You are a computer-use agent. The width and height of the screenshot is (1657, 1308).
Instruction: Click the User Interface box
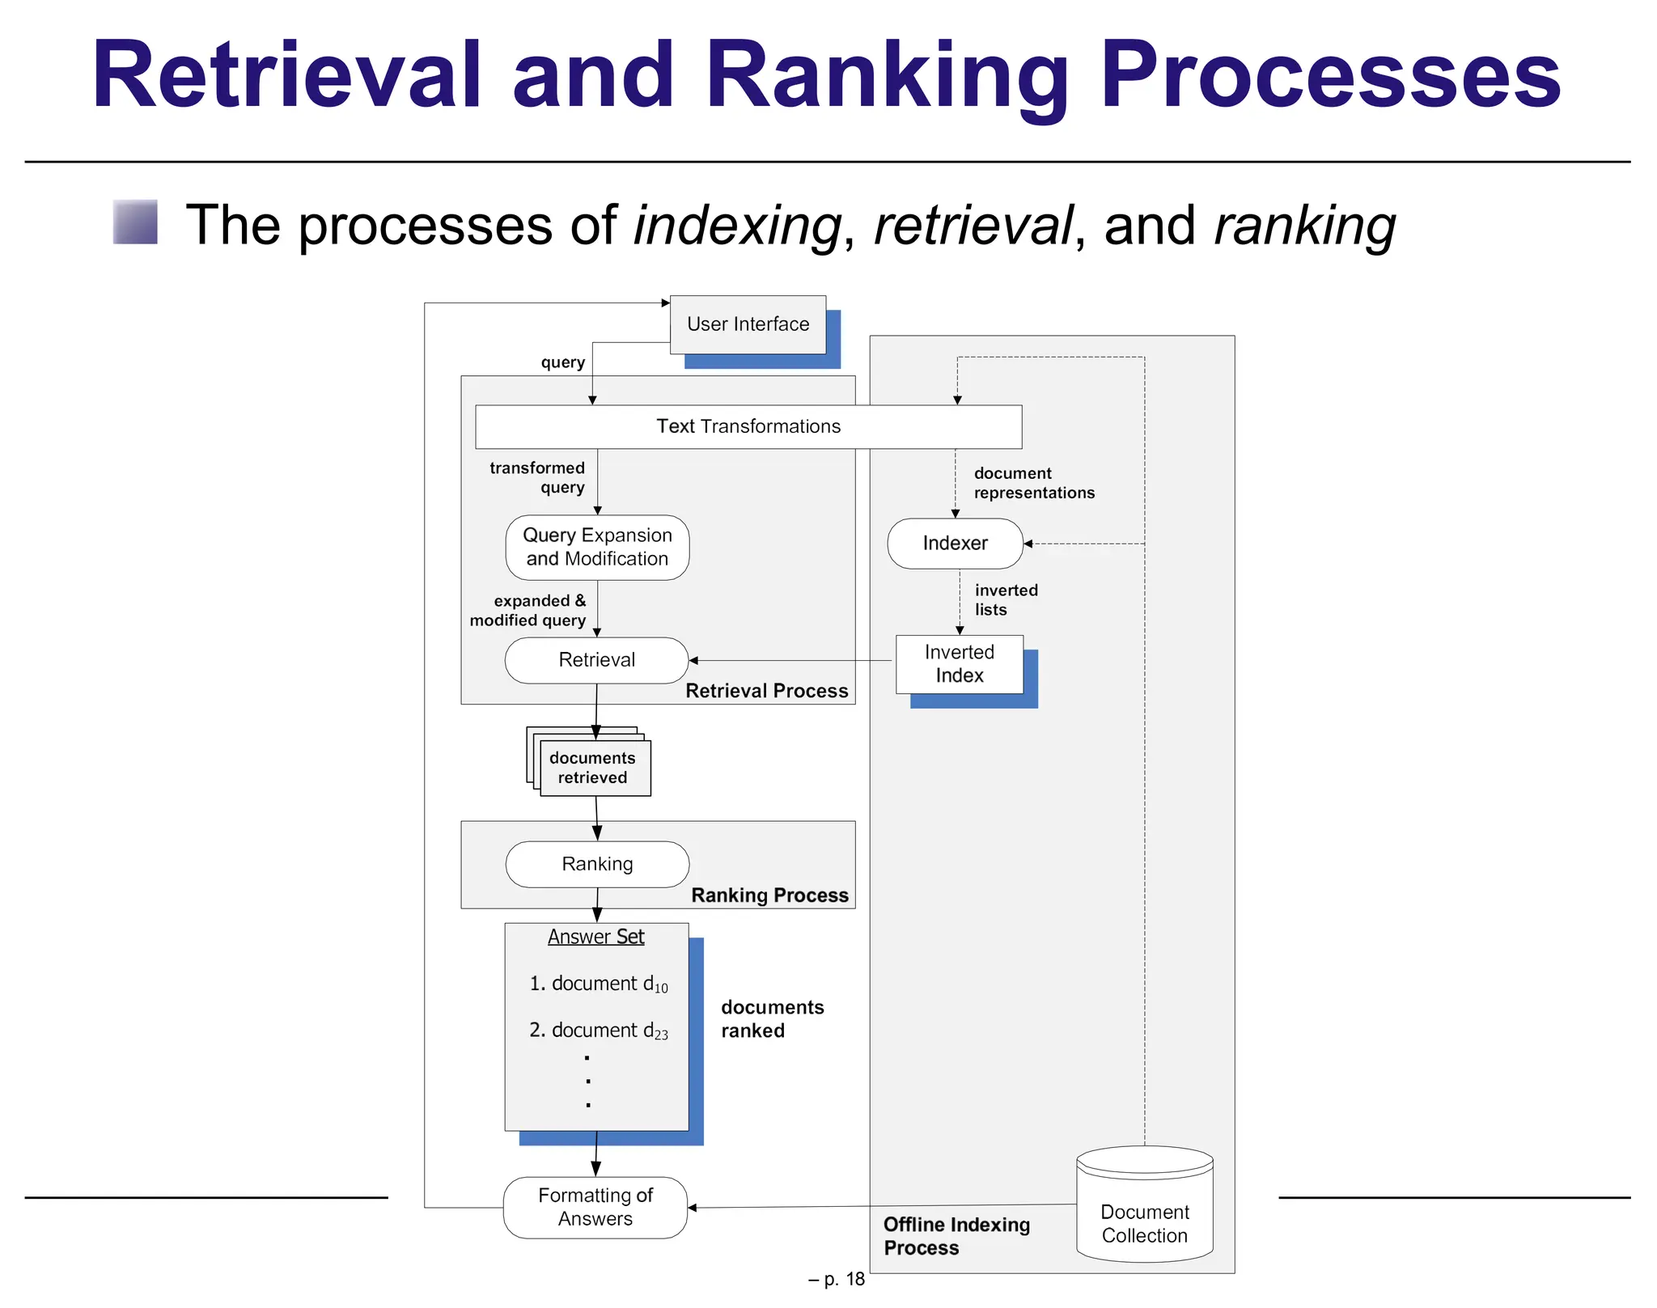coord(748,324)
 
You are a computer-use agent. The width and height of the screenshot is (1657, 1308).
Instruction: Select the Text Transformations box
coord(748,426)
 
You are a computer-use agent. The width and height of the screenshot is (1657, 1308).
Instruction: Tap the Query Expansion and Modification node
coord(597,548)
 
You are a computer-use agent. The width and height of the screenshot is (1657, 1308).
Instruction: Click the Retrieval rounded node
coord(596,660)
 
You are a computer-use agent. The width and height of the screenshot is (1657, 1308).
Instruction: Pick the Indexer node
coord(955,544)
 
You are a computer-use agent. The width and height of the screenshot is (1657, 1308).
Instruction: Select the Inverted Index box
coord(959,664)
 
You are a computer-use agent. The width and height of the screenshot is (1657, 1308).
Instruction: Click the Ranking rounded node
coord(597,864)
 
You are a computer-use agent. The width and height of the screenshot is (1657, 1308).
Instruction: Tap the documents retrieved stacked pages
coord(593,768)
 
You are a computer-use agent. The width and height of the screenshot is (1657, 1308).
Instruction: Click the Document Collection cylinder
coord(1144,1213)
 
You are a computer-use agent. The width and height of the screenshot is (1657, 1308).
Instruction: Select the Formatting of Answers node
coord(595,1207)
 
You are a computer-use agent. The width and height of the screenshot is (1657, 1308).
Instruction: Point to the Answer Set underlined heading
coord(595,937)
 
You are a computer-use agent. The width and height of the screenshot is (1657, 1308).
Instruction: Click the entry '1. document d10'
coord(598,984)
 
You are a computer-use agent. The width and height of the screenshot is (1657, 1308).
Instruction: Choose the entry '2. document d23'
coord(598,1031)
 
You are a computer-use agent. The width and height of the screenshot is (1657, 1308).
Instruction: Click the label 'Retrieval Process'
coord(766,691)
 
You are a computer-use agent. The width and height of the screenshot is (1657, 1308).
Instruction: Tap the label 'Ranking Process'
coord(769,895)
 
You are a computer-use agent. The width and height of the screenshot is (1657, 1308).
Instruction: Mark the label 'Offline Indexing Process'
coord(956,1236)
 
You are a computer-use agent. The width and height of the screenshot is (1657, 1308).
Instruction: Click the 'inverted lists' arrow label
coord(1005,600)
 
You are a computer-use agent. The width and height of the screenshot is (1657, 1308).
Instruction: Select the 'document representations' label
coord(1033,483)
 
